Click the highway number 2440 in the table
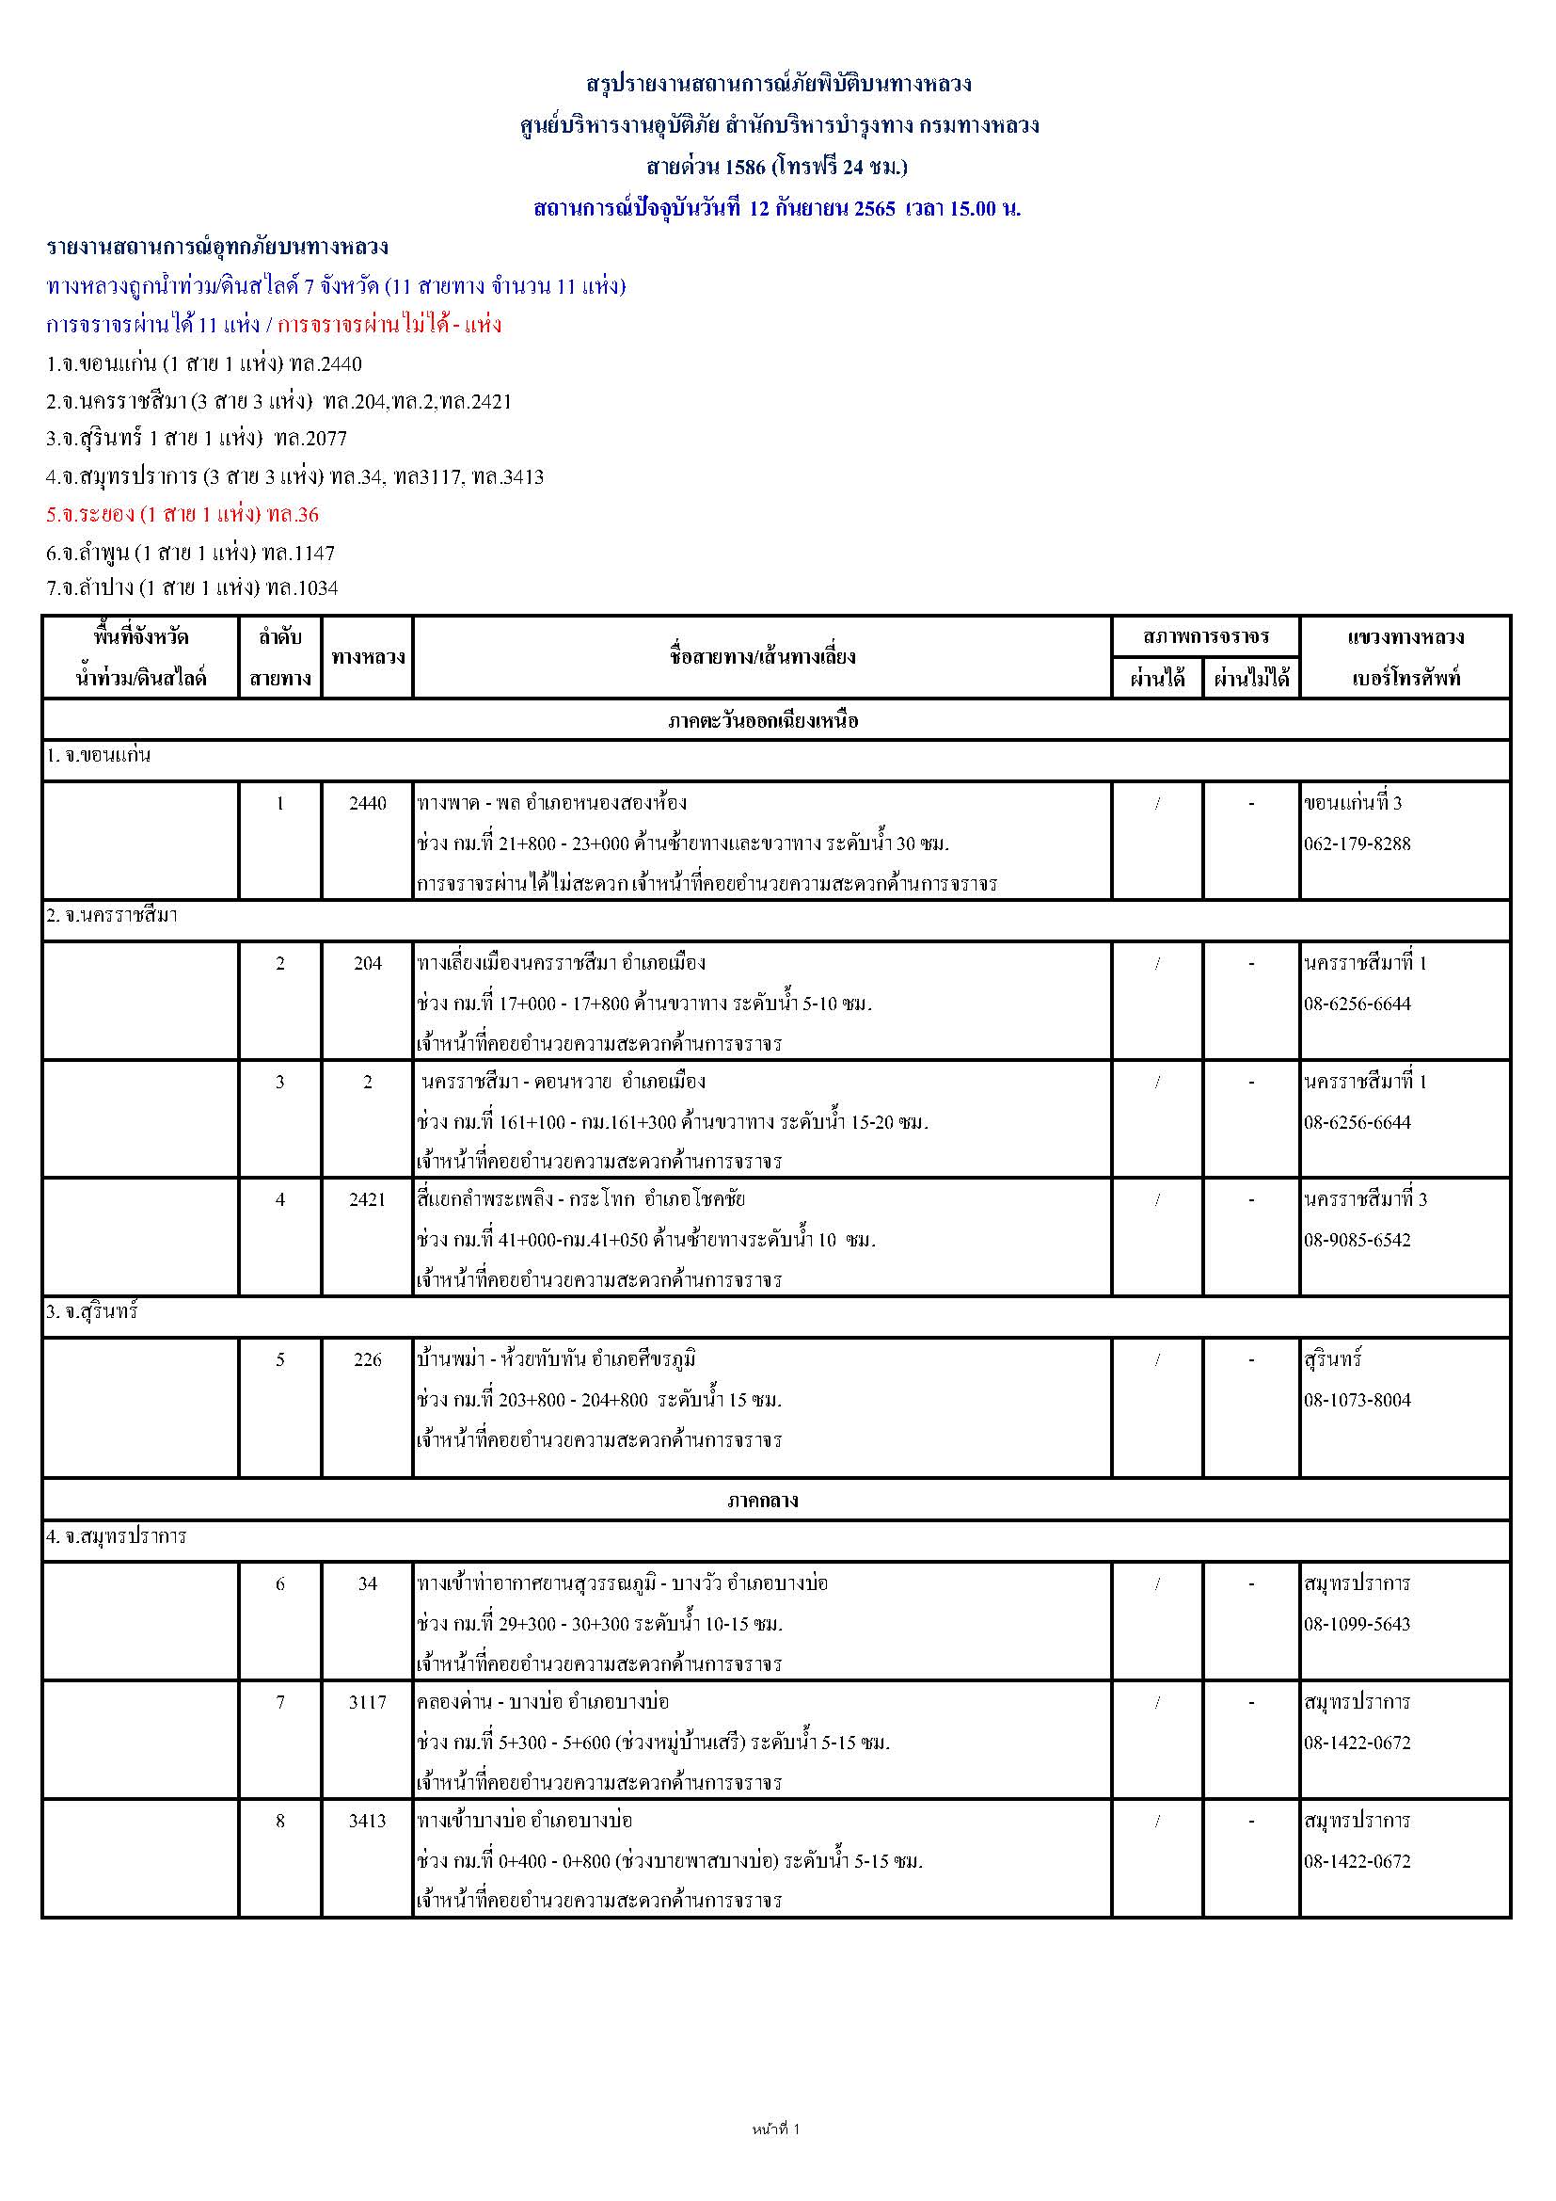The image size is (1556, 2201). [367, 803]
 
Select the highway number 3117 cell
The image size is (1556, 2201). [367, 1702]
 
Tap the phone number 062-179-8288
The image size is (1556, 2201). [1357, 843]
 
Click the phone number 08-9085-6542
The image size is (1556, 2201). [1357, 1240]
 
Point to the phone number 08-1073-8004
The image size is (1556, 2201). [1357, 1400]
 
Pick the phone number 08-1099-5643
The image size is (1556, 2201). [1357, 1624]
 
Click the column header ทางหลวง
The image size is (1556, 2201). [368, 658]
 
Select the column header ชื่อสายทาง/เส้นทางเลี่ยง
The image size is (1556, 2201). [763, 658]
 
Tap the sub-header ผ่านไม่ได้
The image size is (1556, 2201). [1251, 679]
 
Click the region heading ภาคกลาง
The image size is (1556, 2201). [763, 1501]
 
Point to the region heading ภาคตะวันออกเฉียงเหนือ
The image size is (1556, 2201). [763, 720]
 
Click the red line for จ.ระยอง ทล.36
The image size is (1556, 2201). [183, 515]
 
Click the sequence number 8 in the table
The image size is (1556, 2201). [279, 1821]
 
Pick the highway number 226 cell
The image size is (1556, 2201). [367, 1359]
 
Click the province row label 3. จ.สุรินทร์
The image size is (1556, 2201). [92, 1311]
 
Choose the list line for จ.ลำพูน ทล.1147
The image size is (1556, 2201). [191, 554]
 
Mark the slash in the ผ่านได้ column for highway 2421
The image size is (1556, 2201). [1157, 1199]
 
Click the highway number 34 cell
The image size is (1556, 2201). [367, 1583]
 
